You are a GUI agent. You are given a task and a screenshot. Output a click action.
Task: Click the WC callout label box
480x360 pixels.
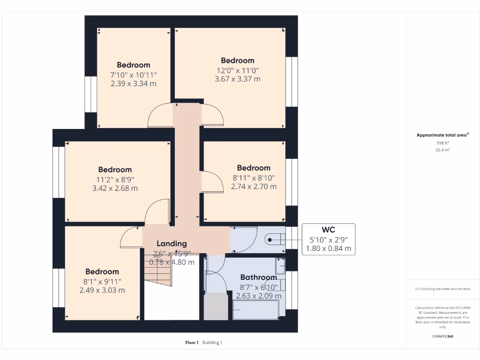(328, 240)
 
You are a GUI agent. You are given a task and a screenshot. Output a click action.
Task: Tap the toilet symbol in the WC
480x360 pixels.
(275, 240)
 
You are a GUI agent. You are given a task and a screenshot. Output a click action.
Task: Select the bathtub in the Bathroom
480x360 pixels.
(256, 309)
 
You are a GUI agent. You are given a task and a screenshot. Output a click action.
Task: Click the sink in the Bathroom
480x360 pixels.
(280, 265)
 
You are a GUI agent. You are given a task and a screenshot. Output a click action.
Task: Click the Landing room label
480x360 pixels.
(172, 244)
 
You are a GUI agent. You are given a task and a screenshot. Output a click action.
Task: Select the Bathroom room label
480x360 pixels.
(259, 277)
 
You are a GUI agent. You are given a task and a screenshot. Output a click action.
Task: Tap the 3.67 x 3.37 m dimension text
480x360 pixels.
(237, 79)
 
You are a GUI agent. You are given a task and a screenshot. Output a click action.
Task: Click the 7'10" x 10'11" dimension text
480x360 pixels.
(133, 75)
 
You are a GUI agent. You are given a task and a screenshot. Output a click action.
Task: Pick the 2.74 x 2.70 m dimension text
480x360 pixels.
(254, 187)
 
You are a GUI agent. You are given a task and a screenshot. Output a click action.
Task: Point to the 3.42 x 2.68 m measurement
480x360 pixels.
(115, 188)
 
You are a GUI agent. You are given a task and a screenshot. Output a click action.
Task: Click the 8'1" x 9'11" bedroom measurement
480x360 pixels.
(102, 281)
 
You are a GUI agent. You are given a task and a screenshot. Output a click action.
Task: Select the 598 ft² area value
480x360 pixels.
(443, 143)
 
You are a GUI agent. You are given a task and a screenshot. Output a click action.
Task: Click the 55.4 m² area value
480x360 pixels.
(443, 150)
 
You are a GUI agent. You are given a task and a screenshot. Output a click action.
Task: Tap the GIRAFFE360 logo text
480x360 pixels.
(443, 336)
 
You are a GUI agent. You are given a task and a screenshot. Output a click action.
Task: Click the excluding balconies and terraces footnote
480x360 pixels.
(443, 289)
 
